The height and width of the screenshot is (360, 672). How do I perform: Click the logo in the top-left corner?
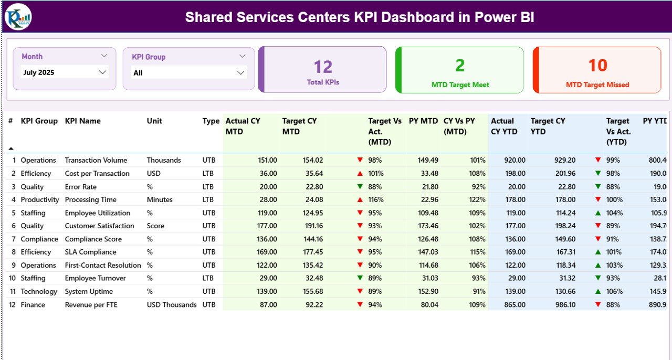pos(18,17)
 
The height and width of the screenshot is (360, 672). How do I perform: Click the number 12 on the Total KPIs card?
pos(323,67)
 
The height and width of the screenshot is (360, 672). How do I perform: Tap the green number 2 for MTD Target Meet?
pos(459,66)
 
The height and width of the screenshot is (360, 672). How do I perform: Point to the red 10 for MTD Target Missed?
pos(597,66)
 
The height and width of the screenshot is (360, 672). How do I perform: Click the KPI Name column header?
pos(82,121)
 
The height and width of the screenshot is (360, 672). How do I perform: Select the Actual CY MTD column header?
pos(243,126)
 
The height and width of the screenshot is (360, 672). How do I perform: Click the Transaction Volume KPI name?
pos(96,160)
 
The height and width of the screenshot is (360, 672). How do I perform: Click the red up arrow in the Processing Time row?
pos(360,199)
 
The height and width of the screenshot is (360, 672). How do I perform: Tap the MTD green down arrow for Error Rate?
pos(360,186)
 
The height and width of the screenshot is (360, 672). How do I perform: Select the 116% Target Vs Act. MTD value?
pos(376,199)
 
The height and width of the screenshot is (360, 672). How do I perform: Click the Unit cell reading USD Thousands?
pos(172,304)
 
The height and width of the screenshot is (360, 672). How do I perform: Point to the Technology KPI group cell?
pos(39,291)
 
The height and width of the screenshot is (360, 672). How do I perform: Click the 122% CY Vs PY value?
pos(477,199)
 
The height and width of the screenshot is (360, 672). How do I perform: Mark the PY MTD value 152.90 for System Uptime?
pos(427,291)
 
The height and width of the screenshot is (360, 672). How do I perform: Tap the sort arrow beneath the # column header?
pos(11,149)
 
